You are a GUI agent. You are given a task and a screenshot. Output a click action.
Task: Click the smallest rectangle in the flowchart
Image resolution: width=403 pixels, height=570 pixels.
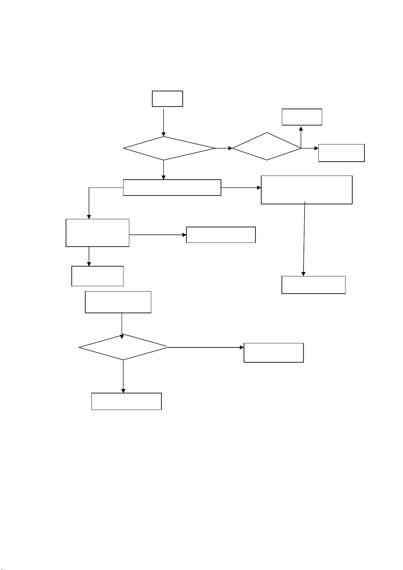pyautogui.click(x=167, y=99)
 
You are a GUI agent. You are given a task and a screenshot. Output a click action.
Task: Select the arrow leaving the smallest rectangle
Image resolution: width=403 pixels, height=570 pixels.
pyautogui.click(x=164, y=122)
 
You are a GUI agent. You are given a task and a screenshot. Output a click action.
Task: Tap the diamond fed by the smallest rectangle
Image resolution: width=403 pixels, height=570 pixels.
pyautogui.click(x=169, y=148)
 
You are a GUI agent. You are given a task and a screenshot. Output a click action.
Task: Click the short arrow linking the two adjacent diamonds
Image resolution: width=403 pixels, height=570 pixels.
pyautogui.click(x=224, y=148)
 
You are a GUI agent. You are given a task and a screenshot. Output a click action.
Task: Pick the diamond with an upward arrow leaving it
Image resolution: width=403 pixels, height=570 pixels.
pyautogui.click(x=267, y=146)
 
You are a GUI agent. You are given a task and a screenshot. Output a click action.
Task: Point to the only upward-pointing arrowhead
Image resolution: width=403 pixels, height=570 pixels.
pyautogui.click(x=301, y=128)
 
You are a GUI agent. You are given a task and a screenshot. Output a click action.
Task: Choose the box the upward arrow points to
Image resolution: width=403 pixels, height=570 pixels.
pyautogui.click(x=302, y=117)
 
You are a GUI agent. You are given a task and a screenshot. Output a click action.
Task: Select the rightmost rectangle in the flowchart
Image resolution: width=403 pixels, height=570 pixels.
pyautogui.click(x=341, y=153)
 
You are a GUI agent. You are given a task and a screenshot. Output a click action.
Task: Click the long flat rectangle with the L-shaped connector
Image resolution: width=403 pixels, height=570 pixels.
pyautogui.click(x=172, y=187)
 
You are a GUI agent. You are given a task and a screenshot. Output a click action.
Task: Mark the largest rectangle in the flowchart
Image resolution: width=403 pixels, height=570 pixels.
pyautogui.click(x=307, y=190)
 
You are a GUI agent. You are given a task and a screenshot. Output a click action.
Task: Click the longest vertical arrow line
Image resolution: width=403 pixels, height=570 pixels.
pyautogui.click(x=304, y=238)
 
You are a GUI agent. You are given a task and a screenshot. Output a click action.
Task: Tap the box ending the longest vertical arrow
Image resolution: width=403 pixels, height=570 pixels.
pyautogui.click(x=313, y=285)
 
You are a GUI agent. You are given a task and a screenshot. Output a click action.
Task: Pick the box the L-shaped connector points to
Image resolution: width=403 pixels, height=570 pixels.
pyautogui.click(x=97, y=233)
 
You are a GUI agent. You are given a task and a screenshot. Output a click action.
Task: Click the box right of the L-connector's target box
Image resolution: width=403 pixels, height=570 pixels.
pyautogui.click(x=221, y=235)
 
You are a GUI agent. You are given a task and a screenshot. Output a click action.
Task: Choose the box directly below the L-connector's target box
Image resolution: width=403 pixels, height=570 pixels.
pyautogui.click(x=97, y=276)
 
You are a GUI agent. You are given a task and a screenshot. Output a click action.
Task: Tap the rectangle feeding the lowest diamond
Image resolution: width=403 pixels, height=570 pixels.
pyautogui.click(x=118, y=302)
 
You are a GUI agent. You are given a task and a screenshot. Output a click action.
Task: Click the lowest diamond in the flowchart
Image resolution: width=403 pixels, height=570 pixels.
pyautogui.click(x=123, y=347)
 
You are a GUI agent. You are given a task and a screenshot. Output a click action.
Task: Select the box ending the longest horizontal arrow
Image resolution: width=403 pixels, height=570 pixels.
pyautogui.click(x=273, y=352)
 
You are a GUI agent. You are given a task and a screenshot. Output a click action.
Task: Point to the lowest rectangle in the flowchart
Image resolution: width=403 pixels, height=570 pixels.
pyautogui.click(x=126, y=401)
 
